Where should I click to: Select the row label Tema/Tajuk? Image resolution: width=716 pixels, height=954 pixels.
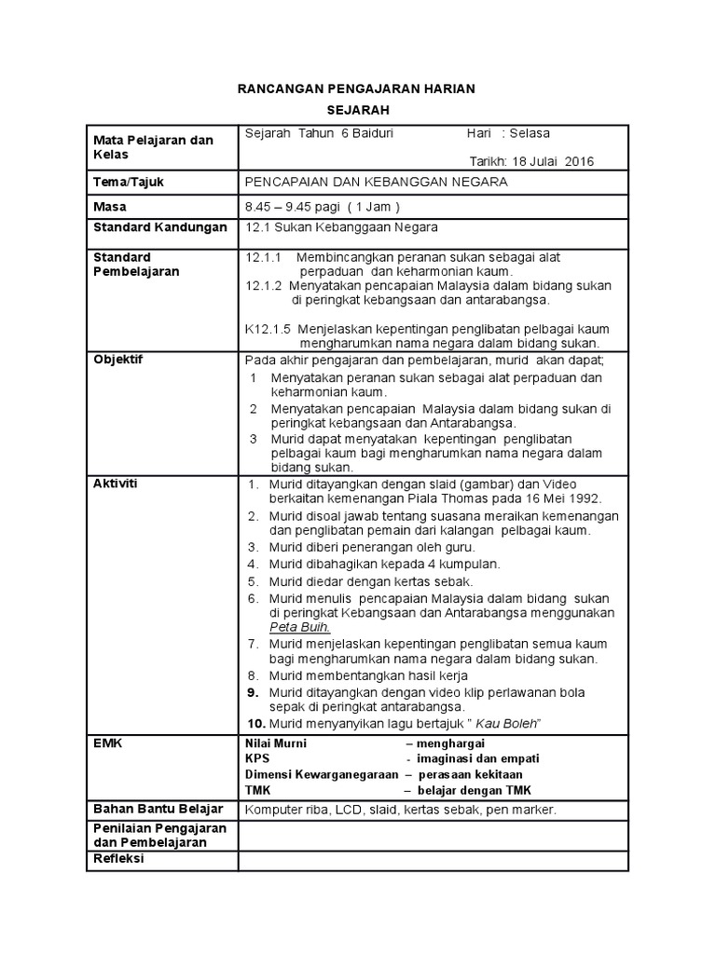[129, 183]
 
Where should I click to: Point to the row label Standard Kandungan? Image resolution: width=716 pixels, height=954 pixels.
[159, 227]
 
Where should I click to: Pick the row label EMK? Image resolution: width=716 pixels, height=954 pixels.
[106, 743]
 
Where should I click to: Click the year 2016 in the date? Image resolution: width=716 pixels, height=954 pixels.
[579, 161]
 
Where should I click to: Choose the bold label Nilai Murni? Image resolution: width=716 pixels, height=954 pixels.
[276, 744]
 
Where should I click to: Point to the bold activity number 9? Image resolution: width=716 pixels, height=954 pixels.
[252, 693]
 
